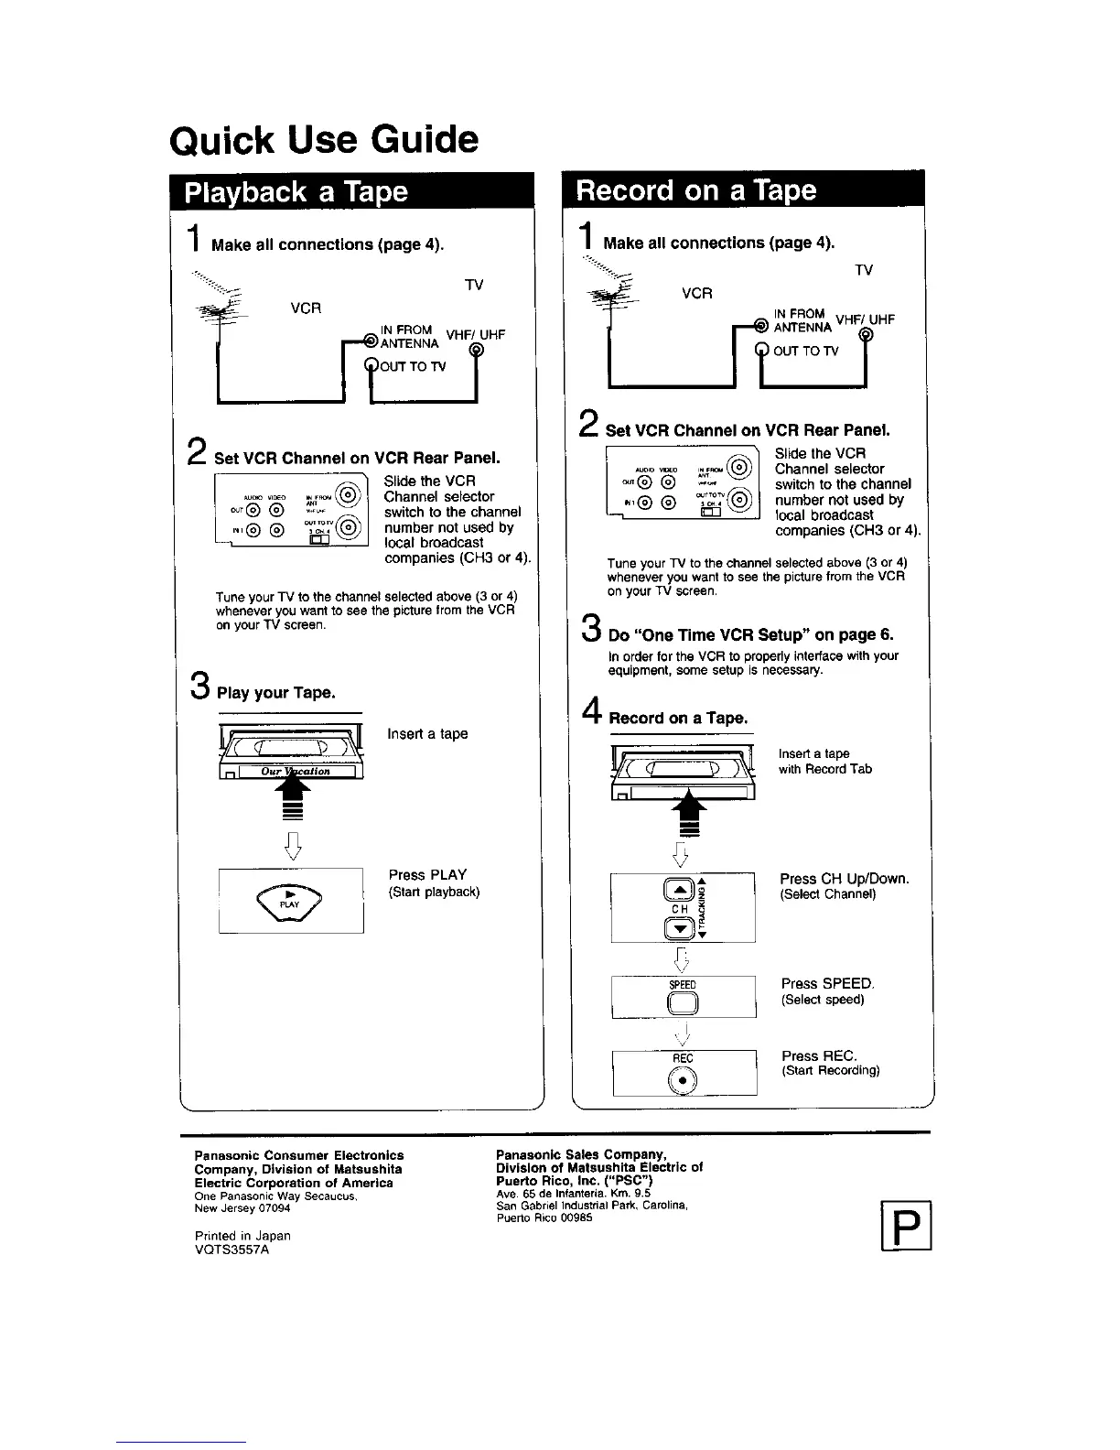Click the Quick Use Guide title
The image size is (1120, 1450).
(x=324, y=140)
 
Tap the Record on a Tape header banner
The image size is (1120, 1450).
(x=695, y=189)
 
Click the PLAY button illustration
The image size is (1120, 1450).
(x=290, y=900)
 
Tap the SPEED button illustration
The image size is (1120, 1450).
(x=683, y=1003)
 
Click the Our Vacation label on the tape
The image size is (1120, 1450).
(x=295, y=771)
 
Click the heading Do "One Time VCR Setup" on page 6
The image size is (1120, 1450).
(x=750, y=634)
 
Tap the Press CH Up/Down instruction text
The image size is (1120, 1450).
(x=845, y=879)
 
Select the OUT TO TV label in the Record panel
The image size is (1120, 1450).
(x=804, y=351)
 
